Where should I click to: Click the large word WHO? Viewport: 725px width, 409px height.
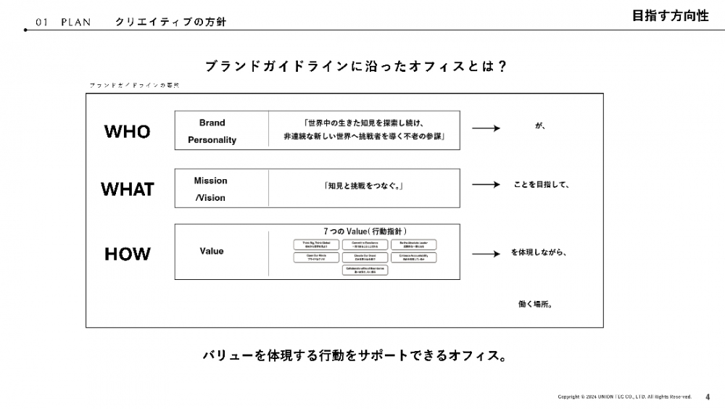pos(128,131)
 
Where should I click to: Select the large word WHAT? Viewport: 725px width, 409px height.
pos(128,189)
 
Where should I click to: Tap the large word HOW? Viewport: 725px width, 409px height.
pos(128,254)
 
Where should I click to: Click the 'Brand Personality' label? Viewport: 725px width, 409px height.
pos(212,131)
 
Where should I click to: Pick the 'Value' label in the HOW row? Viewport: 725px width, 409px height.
pos(212,251)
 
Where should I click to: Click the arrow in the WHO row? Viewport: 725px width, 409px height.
pos(486,128)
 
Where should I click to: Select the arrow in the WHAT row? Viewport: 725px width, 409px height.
pos(486,185)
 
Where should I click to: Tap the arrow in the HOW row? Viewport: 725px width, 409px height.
pos(486,254)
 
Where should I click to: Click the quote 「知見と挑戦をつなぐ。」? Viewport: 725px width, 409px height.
pos(364,186)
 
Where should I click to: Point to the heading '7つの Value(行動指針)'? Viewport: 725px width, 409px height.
pos(364,231)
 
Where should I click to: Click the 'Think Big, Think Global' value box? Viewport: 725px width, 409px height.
pos(317,244)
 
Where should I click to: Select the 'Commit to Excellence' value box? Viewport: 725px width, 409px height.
pos(364,244)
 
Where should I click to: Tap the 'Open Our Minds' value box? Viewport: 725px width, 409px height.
pos(317,257)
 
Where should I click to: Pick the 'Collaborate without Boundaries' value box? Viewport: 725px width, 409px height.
pos(364,270)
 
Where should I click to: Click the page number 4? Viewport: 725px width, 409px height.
pos(708,397)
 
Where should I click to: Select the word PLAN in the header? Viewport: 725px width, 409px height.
pos(76,22)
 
